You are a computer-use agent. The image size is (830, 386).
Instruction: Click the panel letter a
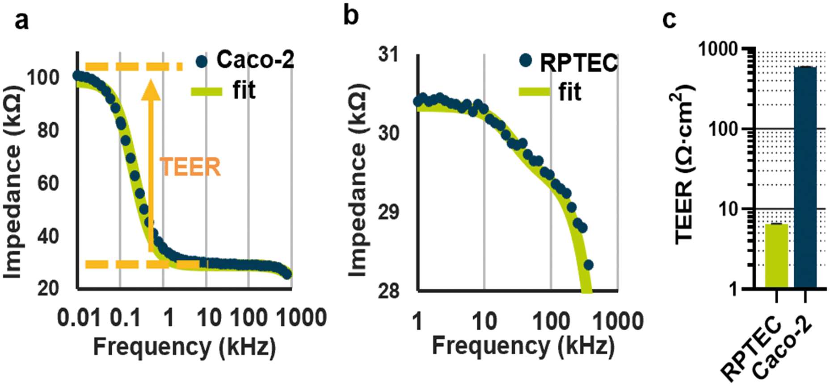[x=21, y=21]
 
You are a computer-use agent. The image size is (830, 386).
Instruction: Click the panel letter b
[x=351, y=16]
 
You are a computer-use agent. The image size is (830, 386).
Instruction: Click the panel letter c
[x=669, y=20]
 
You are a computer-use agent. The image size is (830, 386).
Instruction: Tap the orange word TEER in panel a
[x=190, y=167]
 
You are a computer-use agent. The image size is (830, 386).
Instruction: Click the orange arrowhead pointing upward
[x=151, y=89]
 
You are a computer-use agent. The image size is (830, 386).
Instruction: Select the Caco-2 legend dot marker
[x=202, y=61]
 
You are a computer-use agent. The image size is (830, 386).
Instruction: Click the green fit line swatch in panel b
[x=534, y=92]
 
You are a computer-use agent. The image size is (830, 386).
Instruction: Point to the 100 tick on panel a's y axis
[x=43, y=78]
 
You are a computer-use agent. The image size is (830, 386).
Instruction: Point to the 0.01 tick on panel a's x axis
[x=79, y=318]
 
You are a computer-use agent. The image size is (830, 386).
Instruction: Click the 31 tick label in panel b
[x=388, y=54]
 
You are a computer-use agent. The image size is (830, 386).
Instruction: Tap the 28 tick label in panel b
[x=388, y=291]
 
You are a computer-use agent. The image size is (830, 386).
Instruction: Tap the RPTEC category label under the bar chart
[x=751, y=346]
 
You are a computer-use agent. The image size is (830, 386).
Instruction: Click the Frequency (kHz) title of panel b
[x=523, y=346]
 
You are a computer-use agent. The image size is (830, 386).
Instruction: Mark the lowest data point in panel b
[x=588, y=265]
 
